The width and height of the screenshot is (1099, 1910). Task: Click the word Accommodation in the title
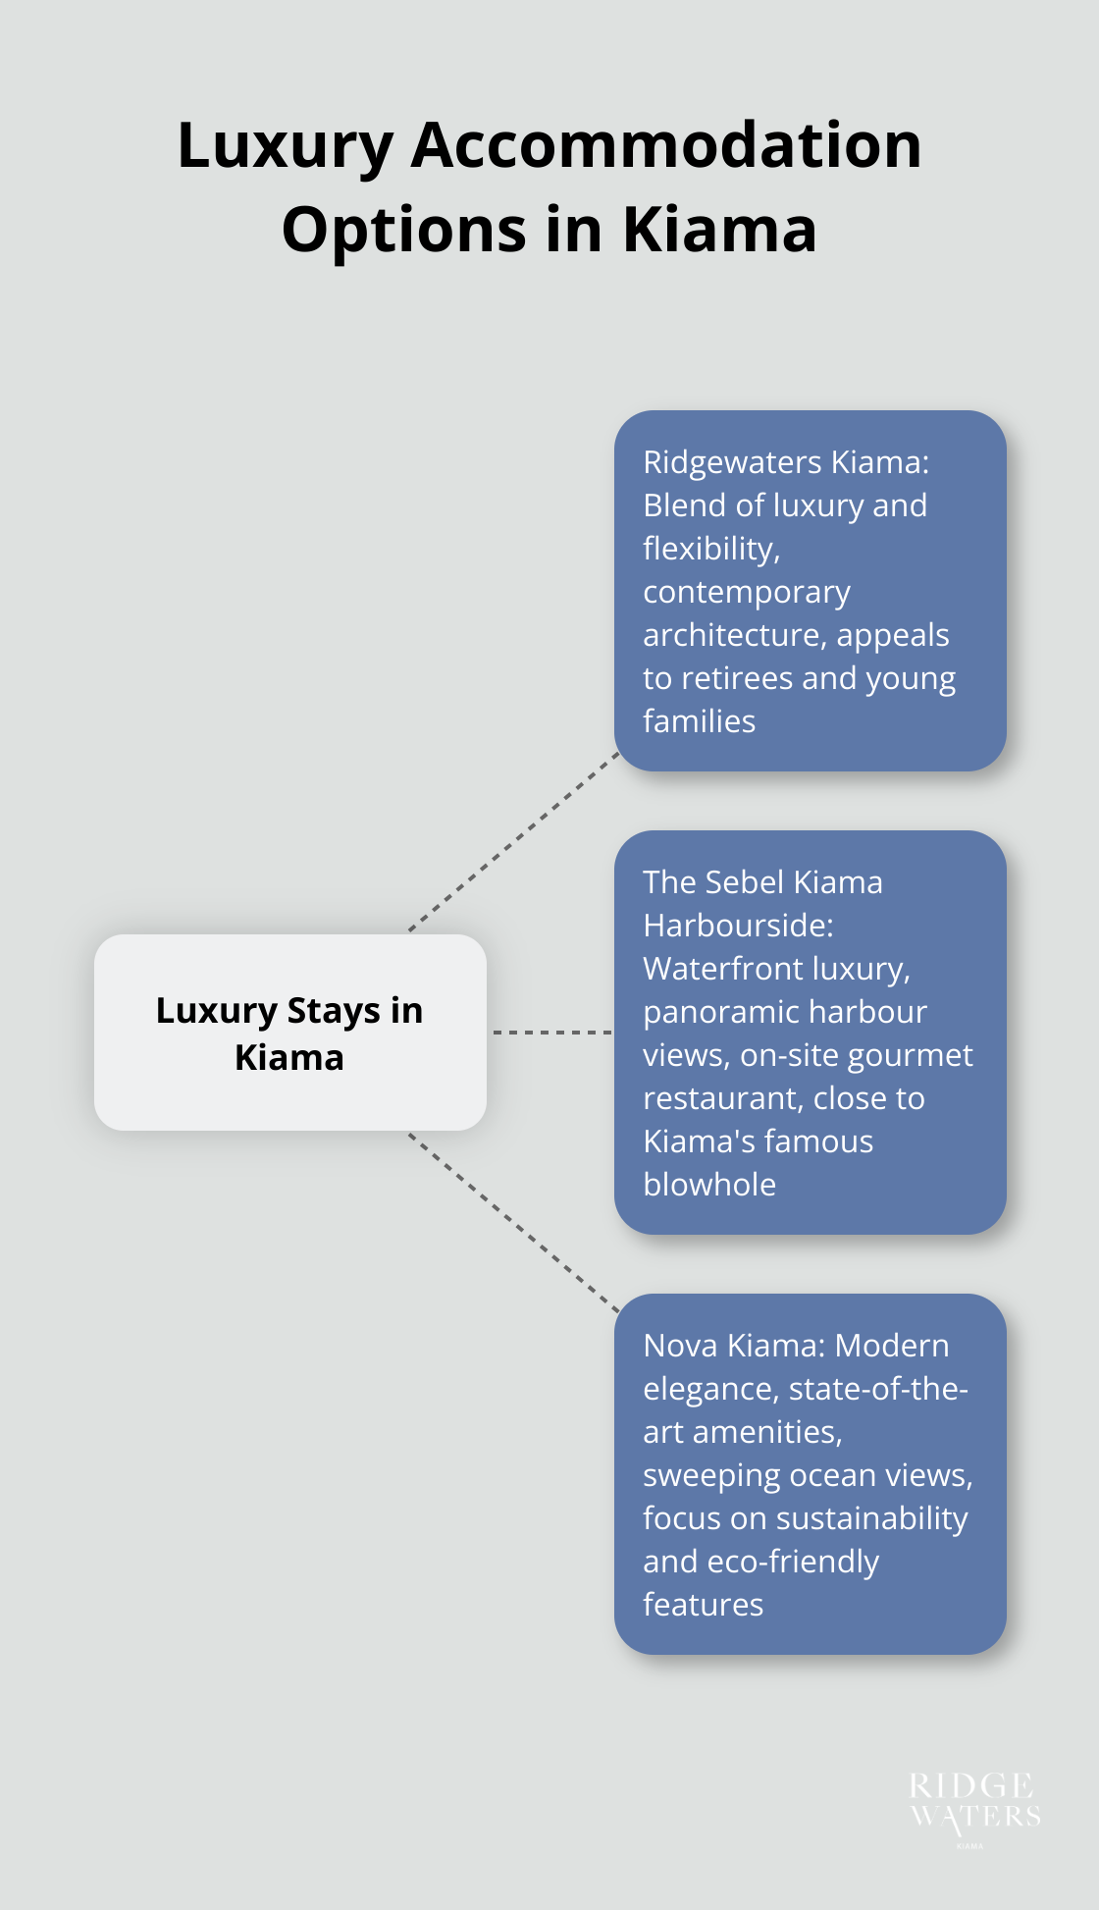tap(666, 145)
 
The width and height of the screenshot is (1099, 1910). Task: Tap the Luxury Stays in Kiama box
tap(289, 1033)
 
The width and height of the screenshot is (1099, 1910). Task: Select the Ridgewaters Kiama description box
tap(810, 590)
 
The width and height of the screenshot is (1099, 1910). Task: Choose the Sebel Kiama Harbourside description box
tap(810, 1032)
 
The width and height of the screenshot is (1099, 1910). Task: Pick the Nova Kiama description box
tap(810, 1473)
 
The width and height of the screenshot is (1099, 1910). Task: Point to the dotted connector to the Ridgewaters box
tap(514, 842)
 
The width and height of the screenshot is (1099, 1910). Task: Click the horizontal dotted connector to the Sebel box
tap(550, 1033)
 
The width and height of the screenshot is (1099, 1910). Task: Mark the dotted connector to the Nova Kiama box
tap(514, 1223)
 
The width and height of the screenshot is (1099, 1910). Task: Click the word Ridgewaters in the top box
tap(732, 461)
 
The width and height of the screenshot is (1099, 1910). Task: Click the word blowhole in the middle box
tap(709, 1185)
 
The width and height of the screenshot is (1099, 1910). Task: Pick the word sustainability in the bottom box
tap(871, 1518)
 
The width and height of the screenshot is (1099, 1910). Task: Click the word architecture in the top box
tap(735, 635)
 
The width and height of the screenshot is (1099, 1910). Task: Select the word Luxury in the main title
tap(285, 145)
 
